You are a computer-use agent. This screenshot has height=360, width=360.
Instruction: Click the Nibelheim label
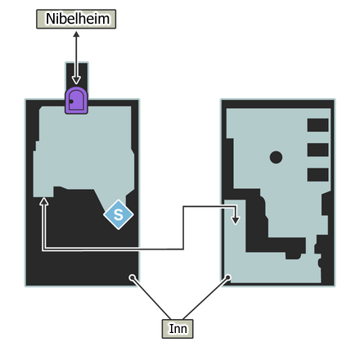(76, 18)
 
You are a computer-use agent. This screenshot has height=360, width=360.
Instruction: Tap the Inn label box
(178, 328)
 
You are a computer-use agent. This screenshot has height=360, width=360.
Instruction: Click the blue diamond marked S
(119, 214)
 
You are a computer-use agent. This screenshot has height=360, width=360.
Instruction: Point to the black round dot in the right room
(277, 157)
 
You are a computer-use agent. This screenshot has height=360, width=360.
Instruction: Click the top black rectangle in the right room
(317, 125)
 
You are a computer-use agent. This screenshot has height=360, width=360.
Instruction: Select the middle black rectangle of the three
(317, 150)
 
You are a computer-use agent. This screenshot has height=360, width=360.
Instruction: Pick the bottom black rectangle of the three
(317, 174)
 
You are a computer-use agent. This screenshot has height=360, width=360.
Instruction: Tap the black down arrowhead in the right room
(236, 219)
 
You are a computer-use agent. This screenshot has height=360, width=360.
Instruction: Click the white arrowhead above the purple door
(76, 80)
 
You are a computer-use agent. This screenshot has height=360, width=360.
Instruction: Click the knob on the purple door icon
(72, 101)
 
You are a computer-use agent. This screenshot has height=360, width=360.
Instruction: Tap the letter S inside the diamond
(119, 214)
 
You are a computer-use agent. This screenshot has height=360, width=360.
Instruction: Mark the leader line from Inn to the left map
(152, 298)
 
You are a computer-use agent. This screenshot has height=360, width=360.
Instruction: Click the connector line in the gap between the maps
(182, 229)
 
